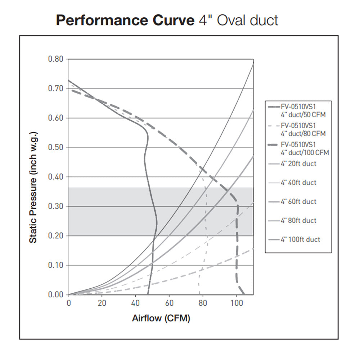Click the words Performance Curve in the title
click(x=125, y=21)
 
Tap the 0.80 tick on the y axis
click(x=55, y=59)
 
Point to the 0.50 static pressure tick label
click(x=55, y=148)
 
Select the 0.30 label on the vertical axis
click(x=55, y=206)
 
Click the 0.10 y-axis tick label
click(x=55, y=265)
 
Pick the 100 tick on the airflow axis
click(x=236, y=303)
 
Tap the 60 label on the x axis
click(x=169, y=303)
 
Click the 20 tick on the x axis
click(x=102, y=303)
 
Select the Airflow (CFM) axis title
click(x=161, y=319)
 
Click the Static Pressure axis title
click(x=33, y=187)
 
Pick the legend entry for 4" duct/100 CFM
click(x=305, y=149)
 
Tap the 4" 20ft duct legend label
click(x=298, y=164)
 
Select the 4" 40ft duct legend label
click(x=298, y=183)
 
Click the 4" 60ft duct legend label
click(x=298, y=202)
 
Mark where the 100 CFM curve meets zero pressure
click(x=244, y=294)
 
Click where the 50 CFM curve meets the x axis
click(x=148, y=294)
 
